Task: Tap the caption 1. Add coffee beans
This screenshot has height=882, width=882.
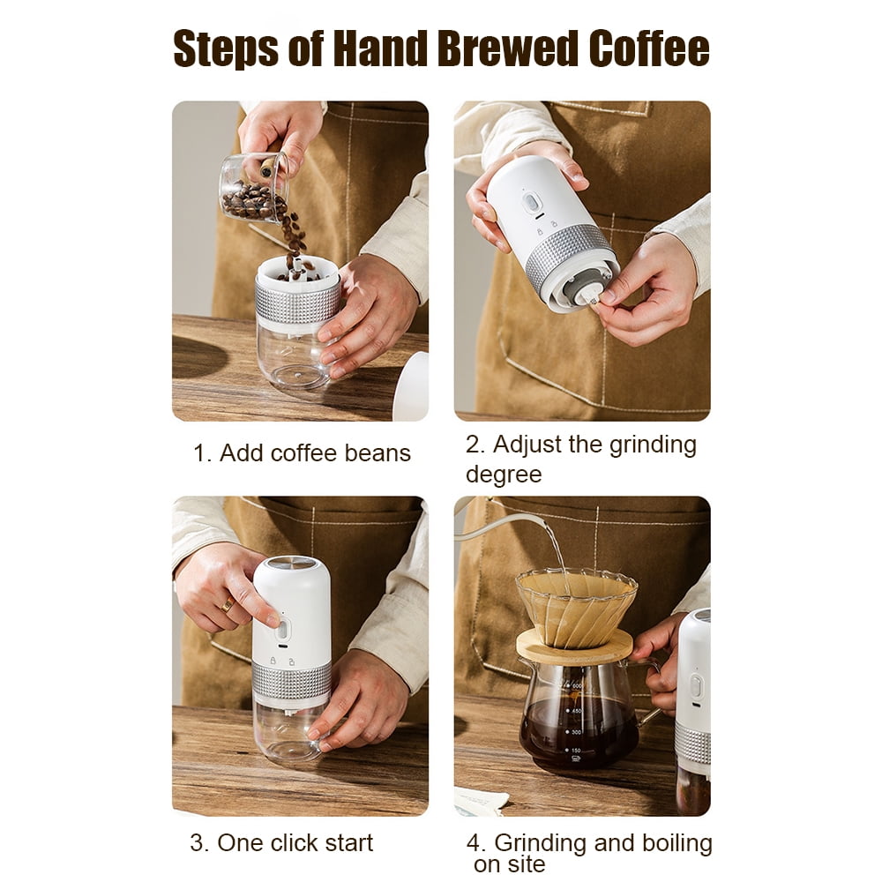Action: pos(302,453)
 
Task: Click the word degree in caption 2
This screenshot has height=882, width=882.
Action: pos(503,475)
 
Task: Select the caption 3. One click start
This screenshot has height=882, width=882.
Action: pos(281,842)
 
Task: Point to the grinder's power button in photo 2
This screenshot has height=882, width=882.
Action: pos(530,202)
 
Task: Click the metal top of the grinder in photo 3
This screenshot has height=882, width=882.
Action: pos(291,564)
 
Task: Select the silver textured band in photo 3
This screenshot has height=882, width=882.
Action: pos(291,679)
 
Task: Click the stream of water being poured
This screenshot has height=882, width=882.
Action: pos(557,547)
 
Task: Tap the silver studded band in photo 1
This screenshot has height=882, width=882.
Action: pos(297,302)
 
